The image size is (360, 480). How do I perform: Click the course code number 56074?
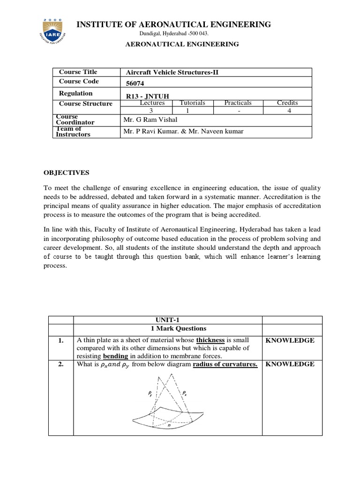click(x=136, y=82)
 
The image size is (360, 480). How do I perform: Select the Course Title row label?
click(x=78, y=72)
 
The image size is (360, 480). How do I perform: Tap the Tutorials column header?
click(x=192, y=103)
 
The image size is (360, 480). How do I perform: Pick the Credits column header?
click(x=287, y=103)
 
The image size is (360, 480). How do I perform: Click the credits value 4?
click(x=287, y=111)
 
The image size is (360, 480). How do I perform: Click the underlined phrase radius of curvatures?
click(x=225, y=364)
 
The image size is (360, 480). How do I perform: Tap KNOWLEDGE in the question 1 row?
click(x=290, y=340)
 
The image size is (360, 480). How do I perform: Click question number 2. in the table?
click(x=61, y=364)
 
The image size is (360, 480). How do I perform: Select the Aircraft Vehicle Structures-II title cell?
click(x=172, y=72)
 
